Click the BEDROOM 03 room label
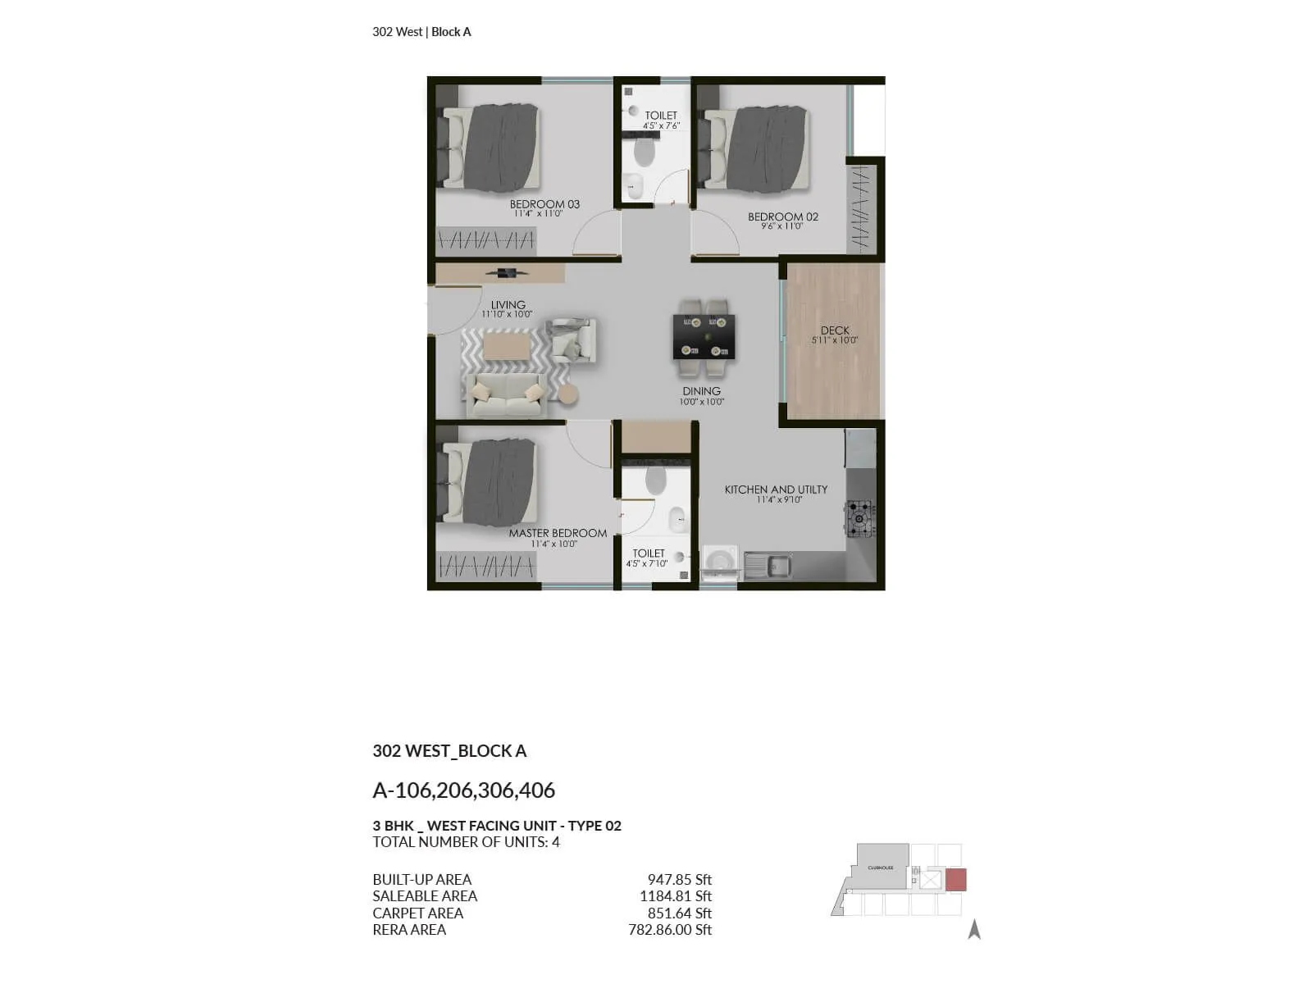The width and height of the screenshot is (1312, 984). [x=544, y=204]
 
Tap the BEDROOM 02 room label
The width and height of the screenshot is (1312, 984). [x=782, y=217]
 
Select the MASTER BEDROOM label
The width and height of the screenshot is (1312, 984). [x=558, y=533]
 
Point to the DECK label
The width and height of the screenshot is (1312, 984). [x=835, y=330]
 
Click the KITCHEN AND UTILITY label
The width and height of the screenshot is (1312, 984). [x=776, y=490]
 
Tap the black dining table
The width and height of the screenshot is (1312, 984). [x=704, y=336]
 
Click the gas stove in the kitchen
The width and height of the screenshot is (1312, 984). [x=859, y=518]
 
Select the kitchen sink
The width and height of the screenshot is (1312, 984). [x=768, y=564]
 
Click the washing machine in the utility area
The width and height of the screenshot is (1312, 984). [x=720, y=563]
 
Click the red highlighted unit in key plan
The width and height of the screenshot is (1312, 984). [x=955, y=880]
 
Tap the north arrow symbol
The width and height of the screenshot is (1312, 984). [x=974, y=929]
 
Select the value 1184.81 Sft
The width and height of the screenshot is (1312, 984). [x=675, y=896]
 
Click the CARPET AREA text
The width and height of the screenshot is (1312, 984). [x=417, y=913]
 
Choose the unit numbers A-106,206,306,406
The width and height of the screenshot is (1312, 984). [x=463, y=790]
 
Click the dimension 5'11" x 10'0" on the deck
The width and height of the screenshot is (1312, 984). [x=835, y=340]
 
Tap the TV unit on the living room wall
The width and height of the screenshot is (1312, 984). [x=500, y=273]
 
